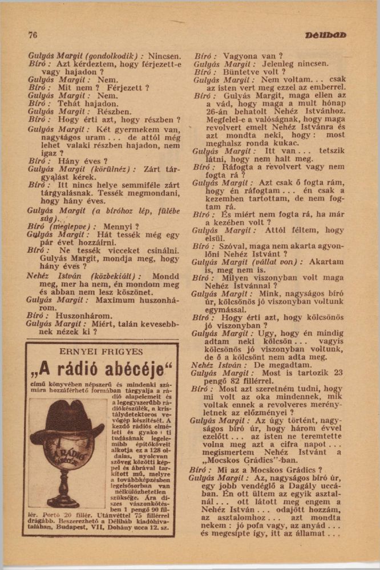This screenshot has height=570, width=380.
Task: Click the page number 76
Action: tap(33, 35)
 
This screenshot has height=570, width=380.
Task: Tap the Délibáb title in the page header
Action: tap(325, 35)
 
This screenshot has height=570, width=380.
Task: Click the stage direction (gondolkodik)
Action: tap(112, 56)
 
